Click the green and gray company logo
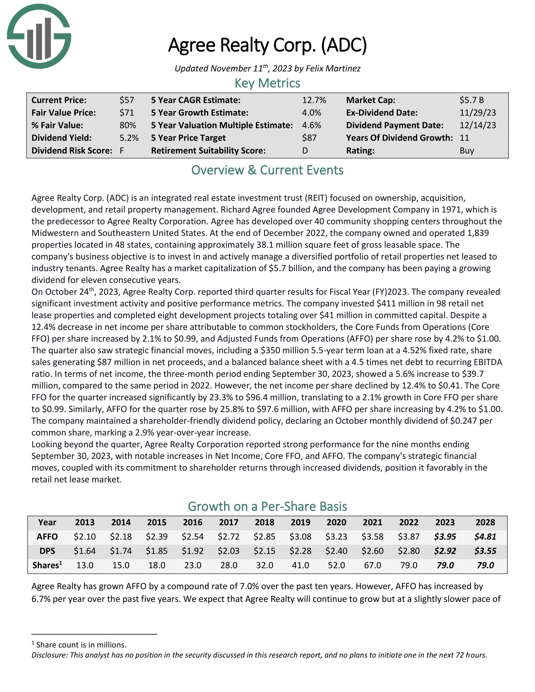pyautogui.click(x=39, y=36)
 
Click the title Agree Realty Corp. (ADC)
pyautogui.click(x=267, y=45)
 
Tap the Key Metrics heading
pyautogui.click(x=267, y=83)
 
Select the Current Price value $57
pyautogui.click(x=127, y=100)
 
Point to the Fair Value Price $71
pyautogui.click(x=127, y=113)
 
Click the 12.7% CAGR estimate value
pyautogui.click(x=314, y=100)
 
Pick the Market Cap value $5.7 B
pyautogui.click(x=472, y=100)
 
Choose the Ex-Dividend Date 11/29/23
pyautogui.click(x=478, y=113)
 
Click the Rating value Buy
pyautogui.click(x=467, y=150)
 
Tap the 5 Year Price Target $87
pyautogui.click(x=309, y=138)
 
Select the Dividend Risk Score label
pyautogui.click(x=72, y=150)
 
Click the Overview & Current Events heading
pyautogui.click(x=267, y=170)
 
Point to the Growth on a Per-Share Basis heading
pyautogui.click(x=267, y=506)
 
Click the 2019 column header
pyautogui.click(x=301, y=522)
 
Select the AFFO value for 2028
pyautogui.click(x=485, y=537)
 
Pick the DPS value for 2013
pyautogui.click(x=85, y=551)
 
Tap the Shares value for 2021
pyautogui.click(x=372, y=565)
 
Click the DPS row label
pyautogui.click(x=47, y=551)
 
